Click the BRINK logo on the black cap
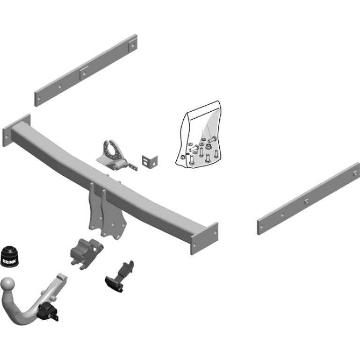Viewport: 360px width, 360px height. (9, 261)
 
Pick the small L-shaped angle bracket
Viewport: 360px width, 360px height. (150, 162)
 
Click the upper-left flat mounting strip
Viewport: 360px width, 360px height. (86, 70)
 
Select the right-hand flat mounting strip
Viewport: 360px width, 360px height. (308, 199)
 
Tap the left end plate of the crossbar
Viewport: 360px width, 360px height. (16, 130)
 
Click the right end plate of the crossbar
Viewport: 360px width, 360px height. (204, 238)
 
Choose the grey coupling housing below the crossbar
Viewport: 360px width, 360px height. (86, 253)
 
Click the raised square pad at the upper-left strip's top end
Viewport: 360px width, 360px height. (133, 45)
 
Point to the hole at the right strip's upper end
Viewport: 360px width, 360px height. (355, 173)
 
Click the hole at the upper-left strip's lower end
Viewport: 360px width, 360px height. (39, 99)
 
